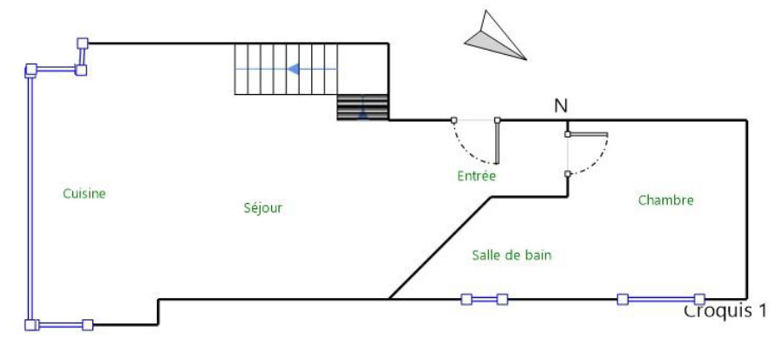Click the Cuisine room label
tap(84, 194)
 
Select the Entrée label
tap(476, 176)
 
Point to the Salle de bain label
tap(512, 255)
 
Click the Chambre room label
tap(665, 200)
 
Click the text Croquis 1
tap(725, 311)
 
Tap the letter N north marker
tap(561, 106)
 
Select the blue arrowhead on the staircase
tap(296, 68)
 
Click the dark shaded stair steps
tap(362, 106)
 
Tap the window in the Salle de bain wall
tap(484, 299)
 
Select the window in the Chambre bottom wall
tap(660, 299)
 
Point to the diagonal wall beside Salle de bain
tap(439, 248)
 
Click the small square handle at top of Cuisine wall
tap(83, 43)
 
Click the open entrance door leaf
tap(497, 141)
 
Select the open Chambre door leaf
tap(587, 134)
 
